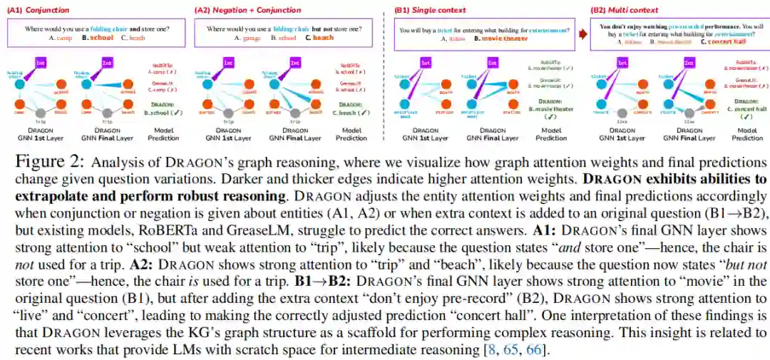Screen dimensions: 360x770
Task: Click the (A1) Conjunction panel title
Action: pos(29,11)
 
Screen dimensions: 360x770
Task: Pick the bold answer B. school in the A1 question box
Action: pos(98,37)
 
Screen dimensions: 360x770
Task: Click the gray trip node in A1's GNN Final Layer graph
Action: pos(108,113)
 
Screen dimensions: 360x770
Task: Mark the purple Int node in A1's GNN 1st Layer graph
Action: pos(41,63)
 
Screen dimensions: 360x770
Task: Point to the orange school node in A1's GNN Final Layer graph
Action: pos(129,84)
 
